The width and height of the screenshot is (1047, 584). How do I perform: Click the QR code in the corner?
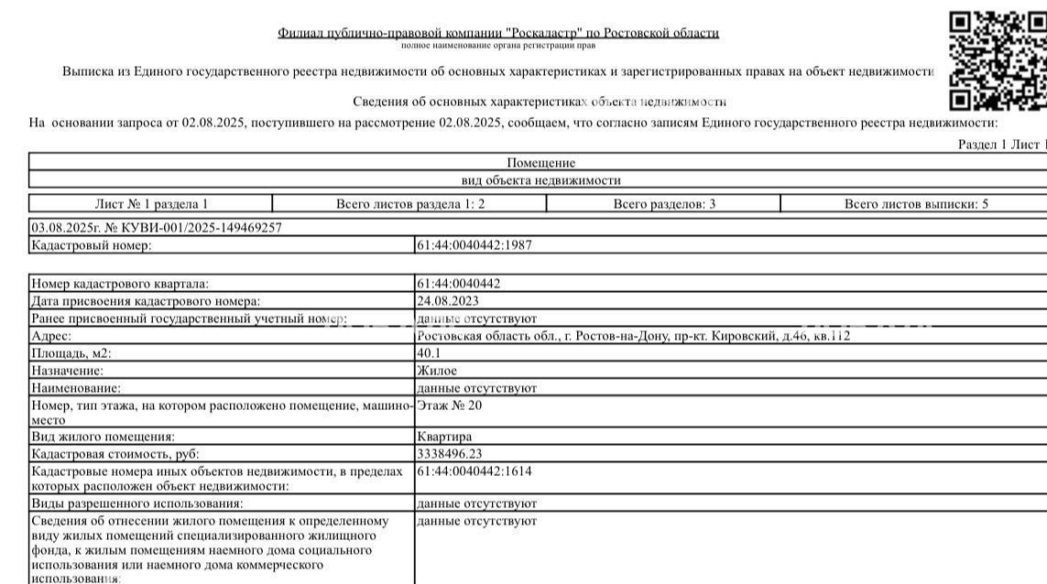tap(998, 60)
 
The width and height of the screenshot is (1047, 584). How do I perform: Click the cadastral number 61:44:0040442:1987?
tap(474, 245)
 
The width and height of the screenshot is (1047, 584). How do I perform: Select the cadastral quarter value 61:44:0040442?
tap(458, 284)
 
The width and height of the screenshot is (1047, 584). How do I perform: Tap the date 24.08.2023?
tap(447, 301)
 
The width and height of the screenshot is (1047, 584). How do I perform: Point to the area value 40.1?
tap(429, 353)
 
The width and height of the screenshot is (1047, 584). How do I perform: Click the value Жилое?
tap(437, 371)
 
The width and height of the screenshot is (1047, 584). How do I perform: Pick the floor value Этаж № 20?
tap(449, 405)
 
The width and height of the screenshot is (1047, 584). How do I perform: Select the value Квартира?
tap(444, 437)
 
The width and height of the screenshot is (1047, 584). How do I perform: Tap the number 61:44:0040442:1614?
tap(474, 471)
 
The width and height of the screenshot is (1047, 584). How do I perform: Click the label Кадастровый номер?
tap(91, 245)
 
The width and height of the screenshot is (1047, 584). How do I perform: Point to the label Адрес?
tap(51, 336)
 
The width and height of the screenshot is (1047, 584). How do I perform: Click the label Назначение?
tap(67, 371)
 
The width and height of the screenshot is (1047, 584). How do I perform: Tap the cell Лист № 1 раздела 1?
tap(151, 204)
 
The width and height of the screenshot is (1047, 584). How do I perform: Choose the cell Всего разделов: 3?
tap(664, 204)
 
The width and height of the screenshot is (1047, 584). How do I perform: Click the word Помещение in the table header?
tap(540, 163)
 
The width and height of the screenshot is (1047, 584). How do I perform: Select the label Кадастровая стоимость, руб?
tap(115, 454)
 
